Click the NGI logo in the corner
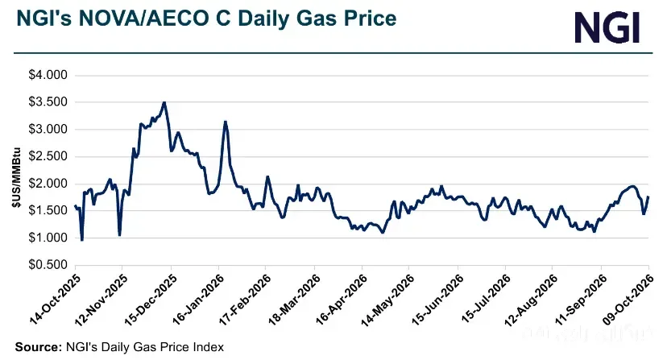tap(607, 27)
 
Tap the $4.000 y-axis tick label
tap(48, 75)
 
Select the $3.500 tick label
tap(48, 101)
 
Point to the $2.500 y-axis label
tap(48, 156)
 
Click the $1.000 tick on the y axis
tap(48, 238)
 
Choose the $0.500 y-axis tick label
tap(48, 265)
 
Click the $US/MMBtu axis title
tap(16, 177)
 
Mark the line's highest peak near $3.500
tap(164, 102)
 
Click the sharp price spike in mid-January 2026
tap(226, 122)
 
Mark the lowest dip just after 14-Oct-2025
tap(81, 239)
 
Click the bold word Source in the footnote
tap(39, 347)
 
